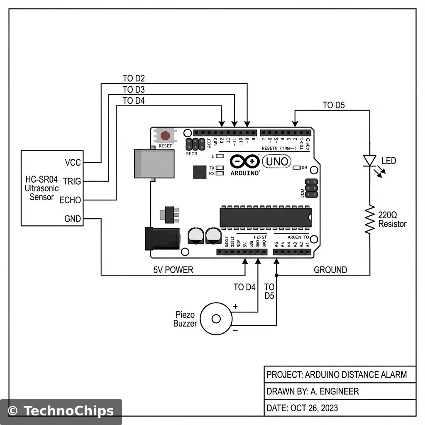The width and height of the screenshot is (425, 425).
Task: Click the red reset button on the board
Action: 165,136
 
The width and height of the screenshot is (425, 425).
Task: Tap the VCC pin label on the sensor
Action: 73,162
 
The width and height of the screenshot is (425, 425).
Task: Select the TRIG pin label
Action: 72,181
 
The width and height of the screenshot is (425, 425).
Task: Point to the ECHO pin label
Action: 70,200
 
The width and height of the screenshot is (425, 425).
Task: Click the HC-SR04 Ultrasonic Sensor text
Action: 42,188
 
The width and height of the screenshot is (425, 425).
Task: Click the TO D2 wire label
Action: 134,78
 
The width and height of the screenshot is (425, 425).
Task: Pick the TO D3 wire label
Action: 134,89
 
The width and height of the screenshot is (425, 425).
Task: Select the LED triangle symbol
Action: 369,161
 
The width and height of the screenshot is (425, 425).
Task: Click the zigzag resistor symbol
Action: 369,220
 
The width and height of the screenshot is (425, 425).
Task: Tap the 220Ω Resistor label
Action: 392,220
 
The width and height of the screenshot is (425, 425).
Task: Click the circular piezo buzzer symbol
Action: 216,319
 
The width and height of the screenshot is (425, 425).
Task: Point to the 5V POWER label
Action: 173,270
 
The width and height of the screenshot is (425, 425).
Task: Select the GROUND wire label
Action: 330,270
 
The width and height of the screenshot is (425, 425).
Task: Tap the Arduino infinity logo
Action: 244,161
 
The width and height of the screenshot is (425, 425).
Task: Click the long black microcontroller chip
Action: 266,217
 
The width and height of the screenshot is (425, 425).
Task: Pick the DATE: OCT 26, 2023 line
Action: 302,408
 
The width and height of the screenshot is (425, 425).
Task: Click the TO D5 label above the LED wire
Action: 334,105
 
